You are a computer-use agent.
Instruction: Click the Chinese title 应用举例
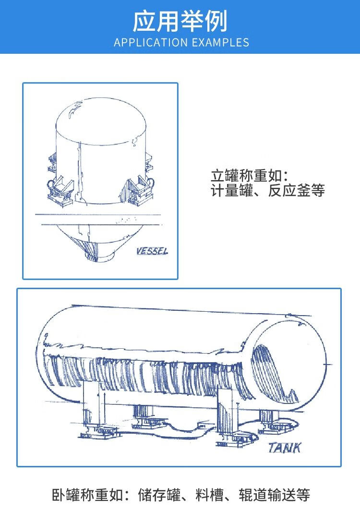tap(180, 21)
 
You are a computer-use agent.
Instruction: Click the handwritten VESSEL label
tap(152, 251)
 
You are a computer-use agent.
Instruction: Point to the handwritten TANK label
tap(285, 448)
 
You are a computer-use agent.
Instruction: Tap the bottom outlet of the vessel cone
tap(100, 256)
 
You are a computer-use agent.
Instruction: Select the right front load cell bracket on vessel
tap(137, 191)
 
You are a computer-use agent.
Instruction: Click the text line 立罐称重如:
tap(249, 176)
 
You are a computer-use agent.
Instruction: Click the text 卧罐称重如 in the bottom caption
tap(87, 495)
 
